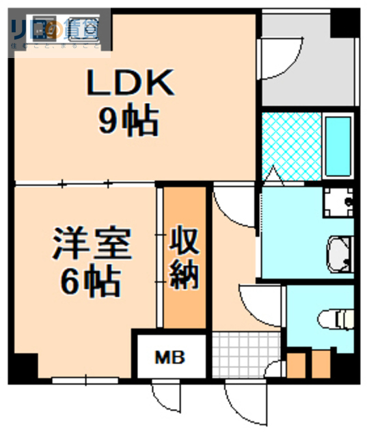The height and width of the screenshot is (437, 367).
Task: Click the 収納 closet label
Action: tap(184, 257)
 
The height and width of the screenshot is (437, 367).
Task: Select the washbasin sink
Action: tap(340, 253)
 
